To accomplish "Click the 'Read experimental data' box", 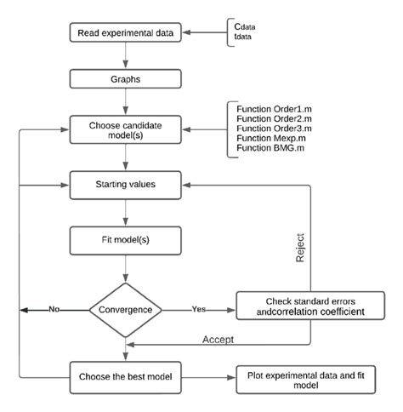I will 126,35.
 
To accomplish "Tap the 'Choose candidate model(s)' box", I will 126,130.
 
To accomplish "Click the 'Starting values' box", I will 126,183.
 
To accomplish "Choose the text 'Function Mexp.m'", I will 270,138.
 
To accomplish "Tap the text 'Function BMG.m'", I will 270,148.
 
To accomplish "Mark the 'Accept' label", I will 219,340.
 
